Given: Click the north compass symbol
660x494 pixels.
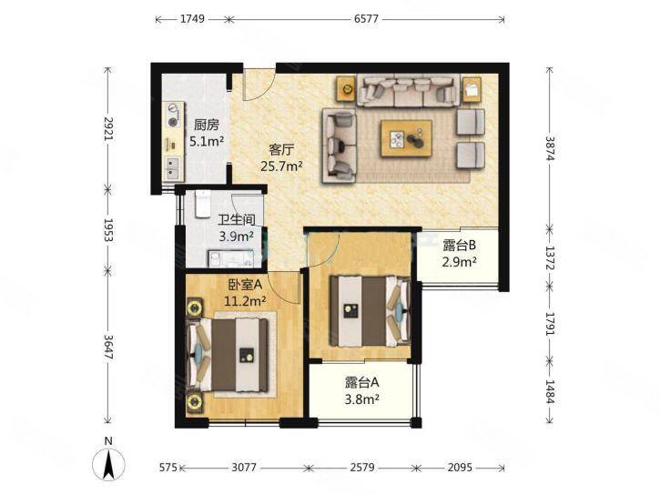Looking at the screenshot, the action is (108, 464).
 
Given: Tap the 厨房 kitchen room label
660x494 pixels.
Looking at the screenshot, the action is (207, 125).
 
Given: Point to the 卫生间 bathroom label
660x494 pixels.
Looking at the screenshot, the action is (237, 219).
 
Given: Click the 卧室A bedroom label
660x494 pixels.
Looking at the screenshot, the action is (245, 285).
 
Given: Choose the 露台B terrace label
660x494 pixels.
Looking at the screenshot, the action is (459, 245).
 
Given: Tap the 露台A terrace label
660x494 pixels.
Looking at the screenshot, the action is (362, 382).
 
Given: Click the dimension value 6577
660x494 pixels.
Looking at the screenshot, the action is (366, 19).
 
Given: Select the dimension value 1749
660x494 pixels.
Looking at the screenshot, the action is (192, 19).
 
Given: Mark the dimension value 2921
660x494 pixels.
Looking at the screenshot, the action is (108, 128).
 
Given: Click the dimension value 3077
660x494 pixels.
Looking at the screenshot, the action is (244, 468).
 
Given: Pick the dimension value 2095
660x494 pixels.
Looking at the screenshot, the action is (460, 468).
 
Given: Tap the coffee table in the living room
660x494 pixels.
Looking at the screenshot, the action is (406, 138).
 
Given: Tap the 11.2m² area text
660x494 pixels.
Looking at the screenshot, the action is (245, 301).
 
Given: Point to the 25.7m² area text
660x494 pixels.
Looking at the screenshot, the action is (281, 166).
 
